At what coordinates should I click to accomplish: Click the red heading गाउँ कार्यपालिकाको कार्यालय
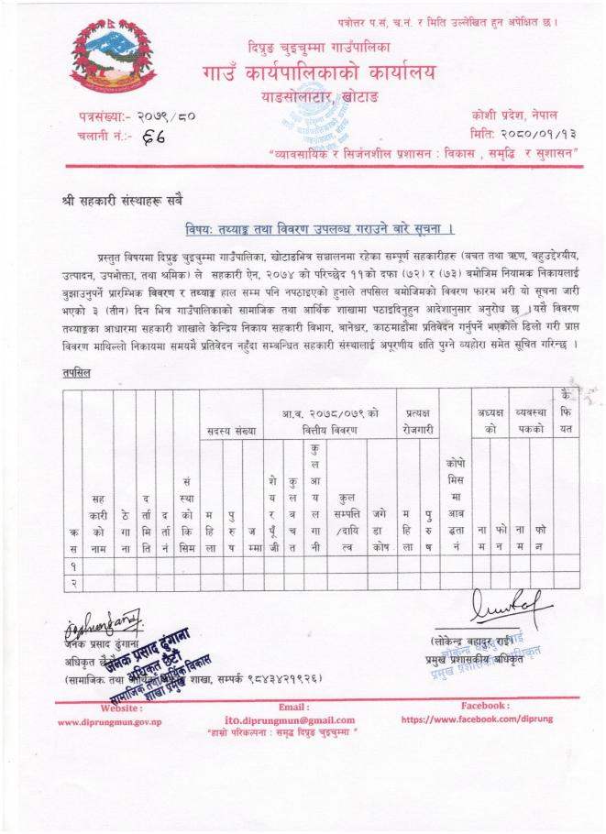click(318, 71)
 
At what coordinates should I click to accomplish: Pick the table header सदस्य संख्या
click(230, 429)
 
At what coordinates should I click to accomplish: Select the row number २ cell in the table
click(72, 581)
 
